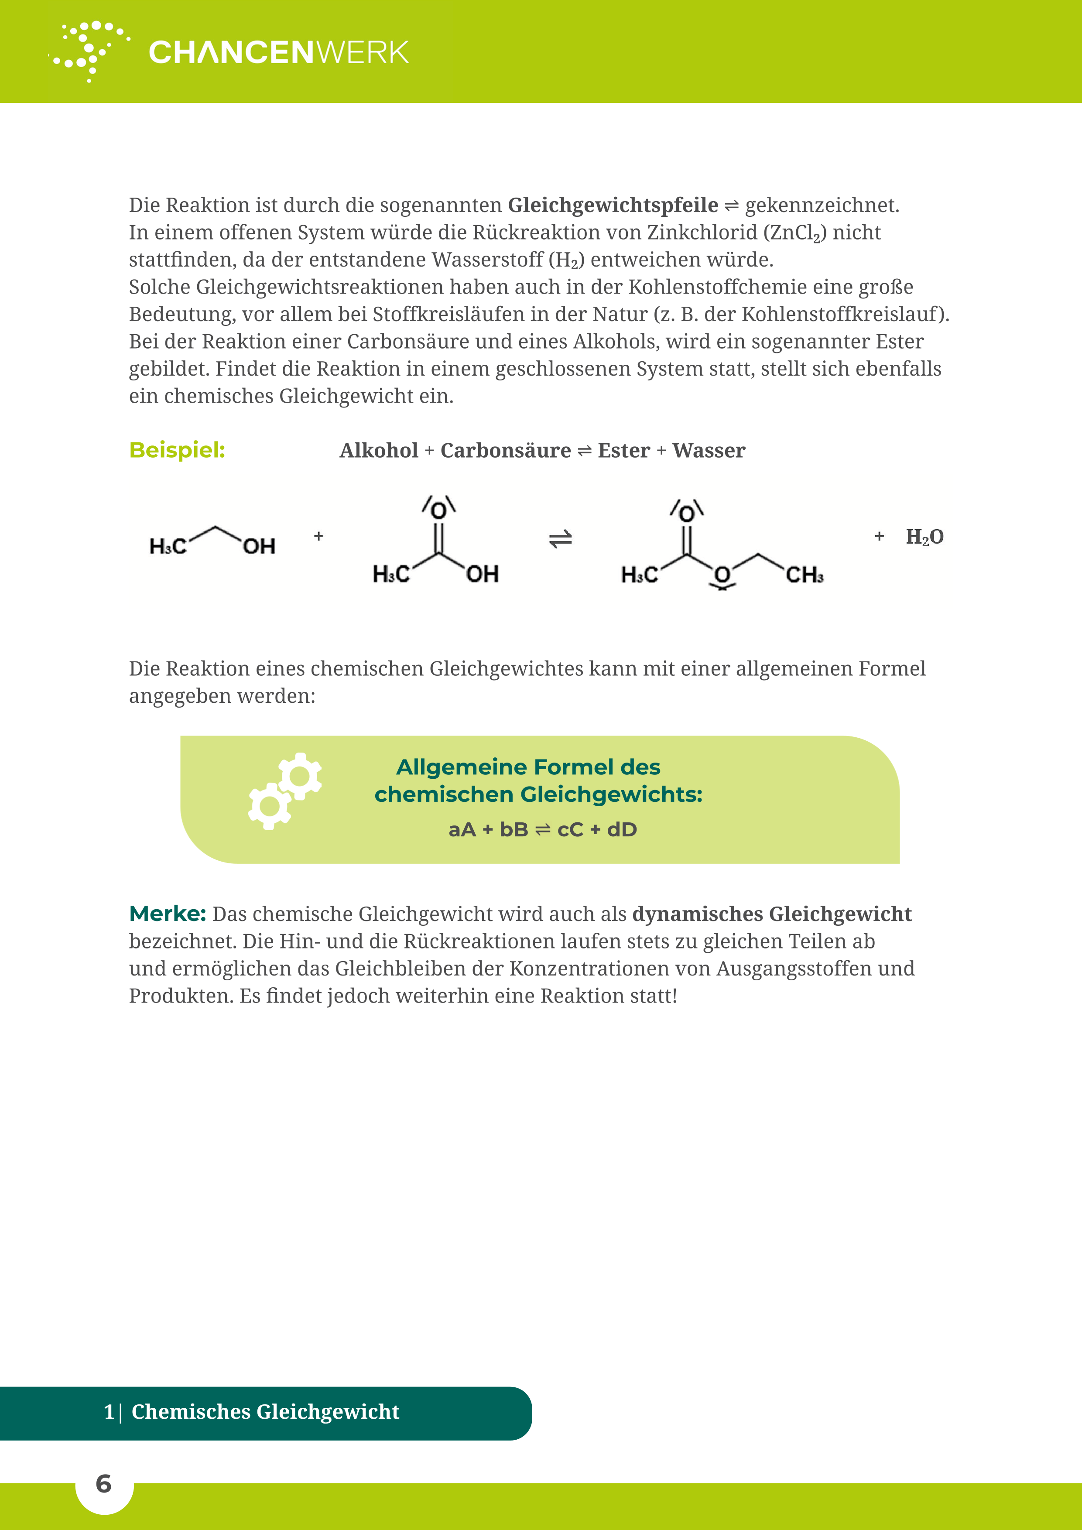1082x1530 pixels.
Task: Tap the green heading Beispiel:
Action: point(177,451)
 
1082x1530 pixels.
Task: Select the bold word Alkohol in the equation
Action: point(378,451)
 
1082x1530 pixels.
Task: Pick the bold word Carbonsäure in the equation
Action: point(506,451)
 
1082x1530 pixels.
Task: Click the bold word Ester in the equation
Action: point(623,451)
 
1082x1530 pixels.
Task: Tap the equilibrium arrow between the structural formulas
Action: point(560,538)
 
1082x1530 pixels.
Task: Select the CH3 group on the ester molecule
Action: point(804,575)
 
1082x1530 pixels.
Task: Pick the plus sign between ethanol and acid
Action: point(318,537)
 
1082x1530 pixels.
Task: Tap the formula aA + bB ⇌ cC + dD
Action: point(542,830)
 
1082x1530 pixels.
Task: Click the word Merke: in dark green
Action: point(167,914)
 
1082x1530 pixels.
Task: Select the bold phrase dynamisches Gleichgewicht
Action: point(771,914)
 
